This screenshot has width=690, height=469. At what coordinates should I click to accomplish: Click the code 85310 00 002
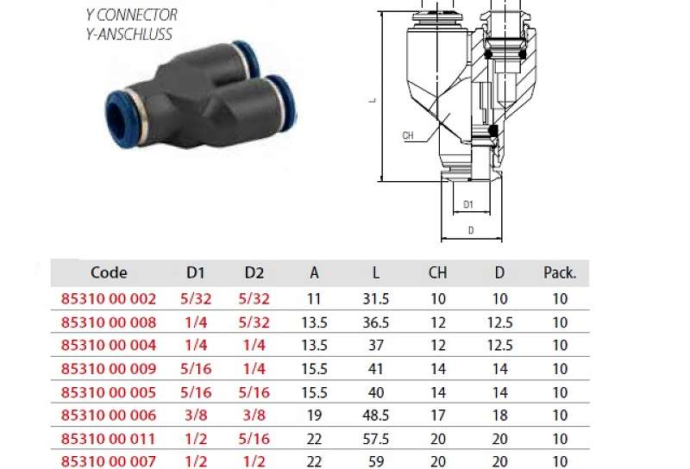(109, 299)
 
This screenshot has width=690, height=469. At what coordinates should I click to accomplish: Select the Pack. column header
(560, 272)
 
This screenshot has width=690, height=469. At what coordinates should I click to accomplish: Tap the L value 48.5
(376, 416)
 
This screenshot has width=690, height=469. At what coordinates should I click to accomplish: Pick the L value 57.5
(376, 439)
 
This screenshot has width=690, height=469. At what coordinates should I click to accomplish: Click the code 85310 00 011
(109, 439)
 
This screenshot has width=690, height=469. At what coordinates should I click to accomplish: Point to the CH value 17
(438, 416)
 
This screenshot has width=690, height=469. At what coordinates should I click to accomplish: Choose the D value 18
(500, 416)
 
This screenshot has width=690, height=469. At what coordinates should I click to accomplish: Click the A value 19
(314, 416)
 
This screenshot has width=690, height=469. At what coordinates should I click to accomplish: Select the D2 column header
(254, 272)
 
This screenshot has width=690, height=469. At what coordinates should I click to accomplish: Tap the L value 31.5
(376, 299)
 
